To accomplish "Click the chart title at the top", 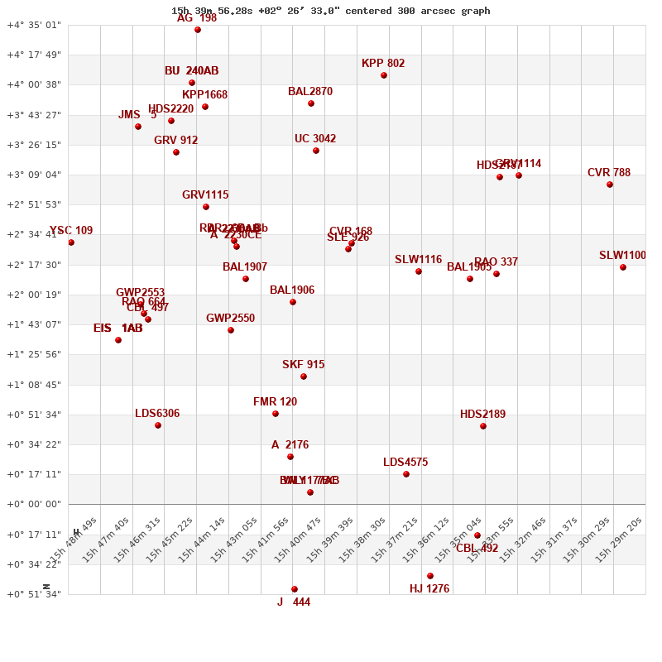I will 330,11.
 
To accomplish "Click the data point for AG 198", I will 198,30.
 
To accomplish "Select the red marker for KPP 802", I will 384,75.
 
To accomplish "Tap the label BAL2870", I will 310,92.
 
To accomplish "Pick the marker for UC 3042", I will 316,151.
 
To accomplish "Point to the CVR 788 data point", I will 610,185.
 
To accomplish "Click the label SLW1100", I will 622,256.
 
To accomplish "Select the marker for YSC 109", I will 71,242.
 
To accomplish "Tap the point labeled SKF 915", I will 304,377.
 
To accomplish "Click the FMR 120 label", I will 275,402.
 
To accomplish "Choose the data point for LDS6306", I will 158,425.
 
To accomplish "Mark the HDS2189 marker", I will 483,426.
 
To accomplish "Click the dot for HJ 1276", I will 430,576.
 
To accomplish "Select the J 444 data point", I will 295,589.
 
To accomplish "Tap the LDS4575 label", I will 405,463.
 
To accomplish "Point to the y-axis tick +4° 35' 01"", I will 34,25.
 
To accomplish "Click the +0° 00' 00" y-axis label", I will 34,504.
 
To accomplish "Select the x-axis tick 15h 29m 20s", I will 618,540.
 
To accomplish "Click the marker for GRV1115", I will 206,207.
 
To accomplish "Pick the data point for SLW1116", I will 419,271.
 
